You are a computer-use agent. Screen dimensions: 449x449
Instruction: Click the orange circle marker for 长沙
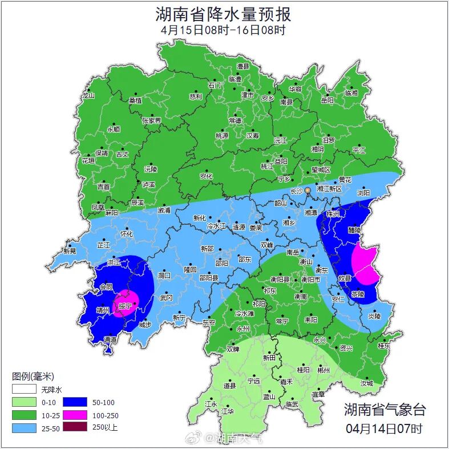point(308,189)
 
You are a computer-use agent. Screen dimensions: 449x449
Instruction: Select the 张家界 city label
point(152,121)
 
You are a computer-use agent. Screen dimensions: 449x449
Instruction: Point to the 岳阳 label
point(327,100)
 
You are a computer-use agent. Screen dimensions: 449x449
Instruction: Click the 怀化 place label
point(126,234)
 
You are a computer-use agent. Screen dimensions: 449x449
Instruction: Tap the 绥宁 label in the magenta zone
point(125,306)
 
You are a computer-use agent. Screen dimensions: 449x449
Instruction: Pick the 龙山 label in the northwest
point(88,95)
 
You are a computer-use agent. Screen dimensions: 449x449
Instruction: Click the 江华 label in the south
point(228,411)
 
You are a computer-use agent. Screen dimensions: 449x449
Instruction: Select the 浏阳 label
point(363,193)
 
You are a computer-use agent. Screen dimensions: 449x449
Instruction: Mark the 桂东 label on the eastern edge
point(384,346)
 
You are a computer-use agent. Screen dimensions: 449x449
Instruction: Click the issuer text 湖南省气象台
point(384,409)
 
